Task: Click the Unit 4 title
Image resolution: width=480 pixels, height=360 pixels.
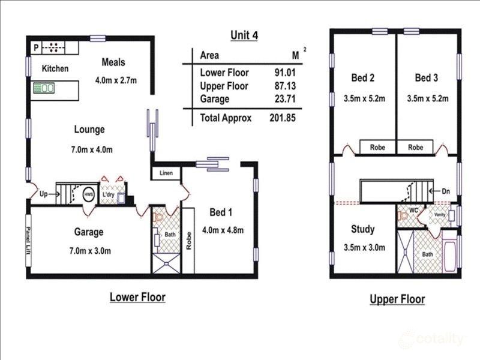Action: coord(244,35)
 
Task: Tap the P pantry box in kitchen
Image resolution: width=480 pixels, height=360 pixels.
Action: coord(36,47)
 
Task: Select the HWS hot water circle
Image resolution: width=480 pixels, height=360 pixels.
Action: coord(88,194)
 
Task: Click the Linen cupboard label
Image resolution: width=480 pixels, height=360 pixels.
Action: coord(166,173)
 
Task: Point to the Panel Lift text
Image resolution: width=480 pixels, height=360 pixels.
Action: coord(28,241)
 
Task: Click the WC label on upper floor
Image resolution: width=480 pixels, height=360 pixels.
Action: coord(413,211)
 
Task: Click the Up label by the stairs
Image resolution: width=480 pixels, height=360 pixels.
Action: coord(43,194)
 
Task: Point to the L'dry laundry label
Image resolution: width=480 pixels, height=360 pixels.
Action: coord(108,195)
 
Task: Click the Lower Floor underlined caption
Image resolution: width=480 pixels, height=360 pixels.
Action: coord(137,297)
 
